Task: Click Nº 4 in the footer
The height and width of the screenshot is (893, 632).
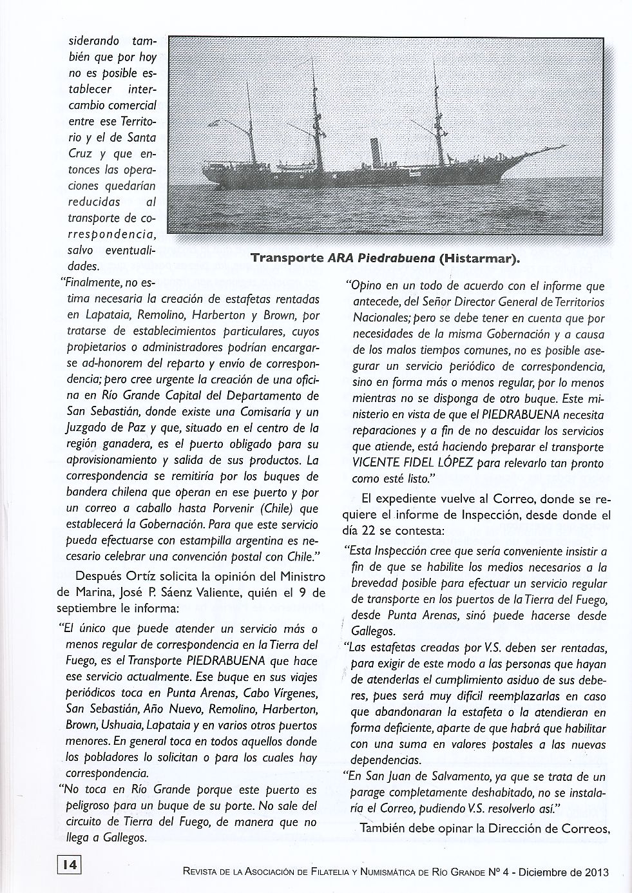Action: (x=495, y=873)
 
